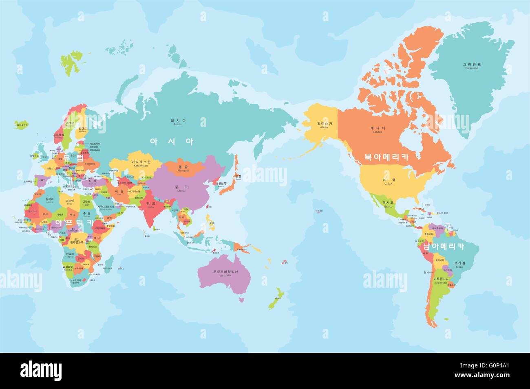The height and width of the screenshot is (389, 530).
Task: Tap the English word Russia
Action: [x=178, y=124]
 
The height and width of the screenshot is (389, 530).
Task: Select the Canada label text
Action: [x=378, y=132]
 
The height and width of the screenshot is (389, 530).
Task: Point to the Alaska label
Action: [x=324, y=127]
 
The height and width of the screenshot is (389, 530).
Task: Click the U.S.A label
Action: [x=389, y=184]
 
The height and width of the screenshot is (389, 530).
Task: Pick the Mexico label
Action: [x=387, y=206]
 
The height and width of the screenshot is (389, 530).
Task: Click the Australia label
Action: [x=223, y=275]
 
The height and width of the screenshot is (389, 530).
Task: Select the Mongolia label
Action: [x=183, y=170]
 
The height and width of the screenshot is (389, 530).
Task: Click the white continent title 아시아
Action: [x=172, y=141]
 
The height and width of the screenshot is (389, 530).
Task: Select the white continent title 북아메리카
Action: [x=386, y=156]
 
